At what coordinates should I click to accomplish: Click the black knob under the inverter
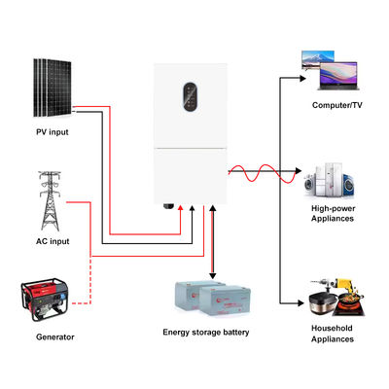click(166, 207)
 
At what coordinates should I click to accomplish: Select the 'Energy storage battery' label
click(206, 333)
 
